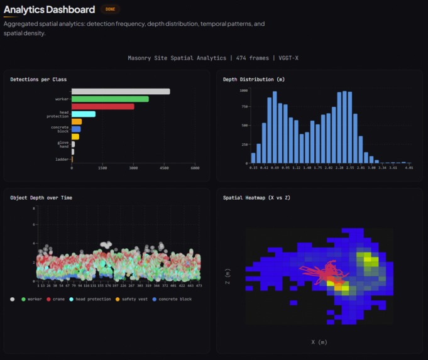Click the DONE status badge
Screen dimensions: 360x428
click(x=109, y=9)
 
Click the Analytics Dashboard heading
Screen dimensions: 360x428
click(x=50, y=9)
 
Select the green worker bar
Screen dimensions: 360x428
click(x=110, y=99)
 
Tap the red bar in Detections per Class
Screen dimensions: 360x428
click(x=102, y=106)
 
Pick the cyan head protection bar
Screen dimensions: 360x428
click(x=84, y=114)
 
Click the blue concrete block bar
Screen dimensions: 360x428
click(x=76, y=129)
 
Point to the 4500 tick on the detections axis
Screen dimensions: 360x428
click(x=164, y=168)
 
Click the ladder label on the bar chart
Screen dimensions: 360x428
click(x=62, y=160)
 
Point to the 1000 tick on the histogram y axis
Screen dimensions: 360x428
click(x=244, y=90)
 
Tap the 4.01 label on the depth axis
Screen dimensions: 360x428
click(x=409, y=168)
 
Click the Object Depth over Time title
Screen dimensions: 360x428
click(x=41, y=197)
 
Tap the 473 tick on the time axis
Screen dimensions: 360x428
click(x=199, y=285)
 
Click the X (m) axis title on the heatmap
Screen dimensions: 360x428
click(x=319, y=342)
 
